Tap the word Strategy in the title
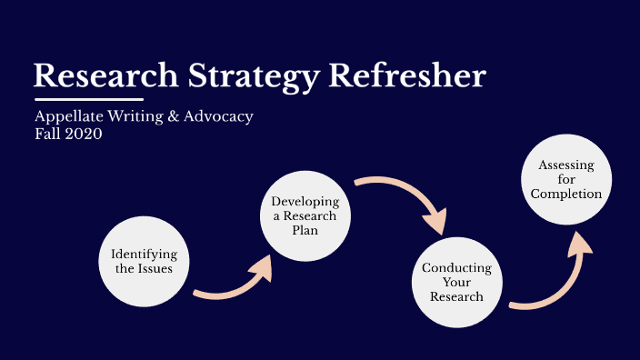[237, 75]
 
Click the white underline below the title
[89, 98]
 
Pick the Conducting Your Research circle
[456, 282]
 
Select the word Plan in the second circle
[304, 230]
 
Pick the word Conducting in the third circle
[456, 268]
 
